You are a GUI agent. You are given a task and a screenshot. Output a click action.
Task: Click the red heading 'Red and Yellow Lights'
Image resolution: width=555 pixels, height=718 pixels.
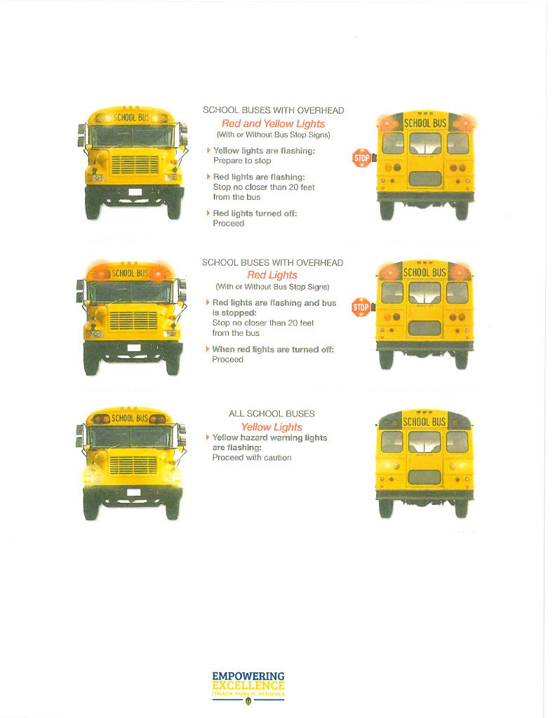tap(273, 123)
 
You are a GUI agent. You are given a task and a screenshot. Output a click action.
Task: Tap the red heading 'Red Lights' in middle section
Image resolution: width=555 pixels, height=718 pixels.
tap(272, 275)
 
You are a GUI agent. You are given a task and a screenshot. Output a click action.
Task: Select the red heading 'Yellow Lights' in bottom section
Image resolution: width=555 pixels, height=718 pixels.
tap(272, 427)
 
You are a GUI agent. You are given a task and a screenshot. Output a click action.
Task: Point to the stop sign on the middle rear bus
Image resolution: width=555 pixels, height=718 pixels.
tap(361, 306)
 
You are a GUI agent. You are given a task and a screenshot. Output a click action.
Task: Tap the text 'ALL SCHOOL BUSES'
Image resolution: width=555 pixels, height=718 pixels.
tap(272, 414)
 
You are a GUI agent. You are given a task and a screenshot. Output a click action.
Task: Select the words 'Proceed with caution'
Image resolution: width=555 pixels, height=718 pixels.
tap(251, 458)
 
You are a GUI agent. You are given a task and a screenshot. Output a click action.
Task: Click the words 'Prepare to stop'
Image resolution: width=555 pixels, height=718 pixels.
tap(241, 161)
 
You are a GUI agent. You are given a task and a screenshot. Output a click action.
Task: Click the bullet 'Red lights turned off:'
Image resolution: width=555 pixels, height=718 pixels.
tap(254, 213)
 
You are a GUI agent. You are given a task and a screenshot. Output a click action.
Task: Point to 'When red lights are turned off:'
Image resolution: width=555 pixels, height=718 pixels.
tap(272, 349)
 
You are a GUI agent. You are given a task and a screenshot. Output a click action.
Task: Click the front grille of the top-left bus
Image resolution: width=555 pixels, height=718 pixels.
tap(133, 165)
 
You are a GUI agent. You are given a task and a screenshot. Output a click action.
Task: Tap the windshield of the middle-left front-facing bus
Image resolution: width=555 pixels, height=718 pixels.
tap(132, 292)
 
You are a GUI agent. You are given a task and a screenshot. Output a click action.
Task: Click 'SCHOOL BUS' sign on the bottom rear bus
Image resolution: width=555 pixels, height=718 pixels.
tap(424, 421)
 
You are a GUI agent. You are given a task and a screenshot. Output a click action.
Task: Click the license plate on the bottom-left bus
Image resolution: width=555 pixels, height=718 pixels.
tap(133, 494)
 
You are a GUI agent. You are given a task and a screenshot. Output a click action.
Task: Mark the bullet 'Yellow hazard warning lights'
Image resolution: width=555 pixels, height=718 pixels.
tap(269, 438)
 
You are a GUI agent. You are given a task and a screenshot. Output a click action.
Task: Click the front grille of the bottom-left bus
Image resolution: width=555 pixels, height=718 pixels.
tap(133, 466)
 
